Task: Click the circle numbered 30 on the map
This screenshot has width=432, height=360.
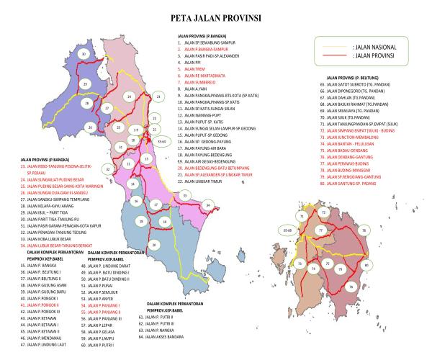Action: point(85,54)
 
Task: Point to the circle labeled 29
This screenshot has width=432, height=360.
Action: point(86,84)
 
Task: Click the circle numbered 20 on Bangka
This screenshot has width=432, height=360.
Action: point(154,246)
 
